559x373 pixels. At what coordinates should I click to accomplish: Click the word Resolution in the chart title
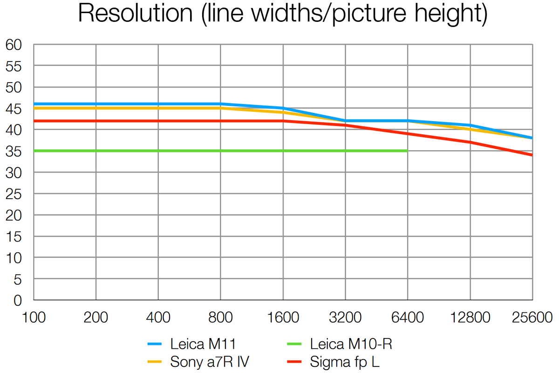click(136, 14)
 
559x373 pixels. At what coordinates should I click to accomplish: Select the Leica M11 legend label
click(203, 345)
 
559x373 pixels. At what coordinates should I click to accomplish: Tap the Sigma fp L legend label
click(345, 361)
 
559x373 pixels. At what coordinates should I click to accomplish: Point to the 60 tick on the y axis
click(14, 45)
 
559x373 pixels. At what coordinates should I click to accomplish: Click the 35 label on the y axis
click(14, 151)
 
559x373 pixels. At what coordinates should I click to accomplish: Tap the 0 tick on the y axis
click(18, 300)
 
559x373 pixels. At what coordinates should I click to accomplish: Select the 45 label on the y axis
click(14, 109)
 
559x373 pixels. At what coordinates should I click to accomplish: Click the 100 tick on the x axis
click(34, 318)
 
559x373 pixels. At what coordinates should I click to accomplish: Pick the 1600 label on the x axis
click(283, 318)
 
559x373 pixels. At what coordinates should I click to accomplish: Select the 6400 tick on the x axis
click(408, 318)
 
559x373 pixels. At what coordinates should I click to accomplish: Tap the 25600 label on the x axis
click(532, 318)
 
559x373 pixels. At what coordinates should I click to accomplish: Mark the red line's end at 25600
click(532, 155)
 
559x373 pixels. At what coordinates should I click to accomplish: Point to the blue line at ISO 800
click(221, 104)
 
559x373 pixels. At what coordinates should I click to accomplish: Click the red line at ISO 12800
click(470, 142)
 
